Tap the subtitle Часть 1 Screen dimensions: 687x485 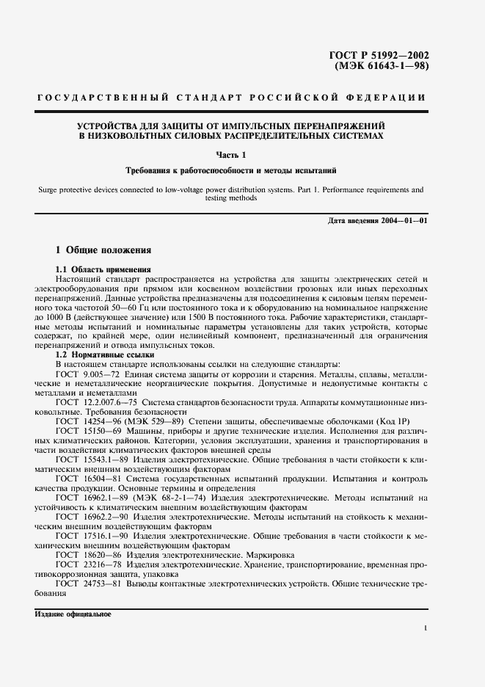point(231,153)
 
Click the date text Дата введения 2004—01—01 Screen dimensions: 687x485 point(376,221)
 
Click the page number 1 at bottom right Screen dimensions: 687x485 point(426,628)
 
